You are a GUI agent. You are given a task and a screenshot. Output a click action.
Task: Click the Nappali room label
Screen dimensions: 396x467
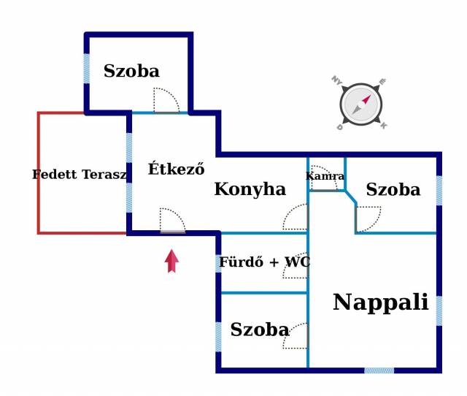click(380, 302)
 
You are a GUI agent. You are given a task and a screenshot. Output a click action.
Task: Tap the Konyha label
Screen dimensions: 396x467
click(250, 189)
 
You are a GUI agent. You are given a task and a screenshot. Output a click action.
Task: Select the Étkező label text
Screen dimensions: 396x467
click(176, 170)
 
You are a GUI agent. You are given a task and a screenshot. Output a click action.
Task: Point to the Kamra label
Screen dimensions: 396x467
click(325, 176)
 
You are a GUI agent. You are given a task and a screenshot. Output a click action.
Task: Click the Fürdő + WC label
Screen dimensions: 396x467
click(263, 262)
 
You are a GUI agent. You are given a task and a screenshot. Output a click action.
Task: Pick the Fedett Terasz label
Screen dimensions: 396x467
click(80, 175)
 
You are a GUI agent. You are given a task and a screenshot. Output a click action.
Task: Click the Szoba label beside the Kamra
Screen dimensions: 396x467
click(393, 190)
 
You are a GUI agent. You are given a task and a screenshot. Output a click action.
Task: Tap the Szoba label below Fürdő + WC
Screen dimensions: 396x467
click(259, 330)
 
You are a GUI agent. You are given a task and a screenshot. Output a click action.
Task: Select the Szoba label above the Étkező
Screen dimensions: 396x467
click(131, 71)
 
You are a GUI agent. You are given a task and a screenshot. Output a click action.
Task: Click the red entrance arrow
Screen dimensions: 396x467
click(171, 261)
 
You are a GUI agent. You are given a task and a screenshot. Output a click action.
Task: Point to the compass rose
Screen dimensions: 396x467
click(360, 104)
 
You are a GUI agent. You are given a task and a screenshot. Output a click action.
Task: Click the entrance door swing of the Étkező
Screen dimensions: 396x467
click(172, 221)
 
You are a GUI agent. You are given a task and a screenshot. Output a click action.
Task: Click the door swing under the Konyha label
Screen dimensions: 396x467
click(296, 218)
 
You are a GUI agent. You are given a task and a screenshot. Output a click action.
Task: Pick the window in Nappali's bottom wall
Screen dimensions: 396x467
click(379, 370)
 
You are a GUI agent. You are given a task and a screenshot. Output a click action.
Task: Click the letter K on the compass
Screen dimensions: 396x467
click(384, 126)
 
